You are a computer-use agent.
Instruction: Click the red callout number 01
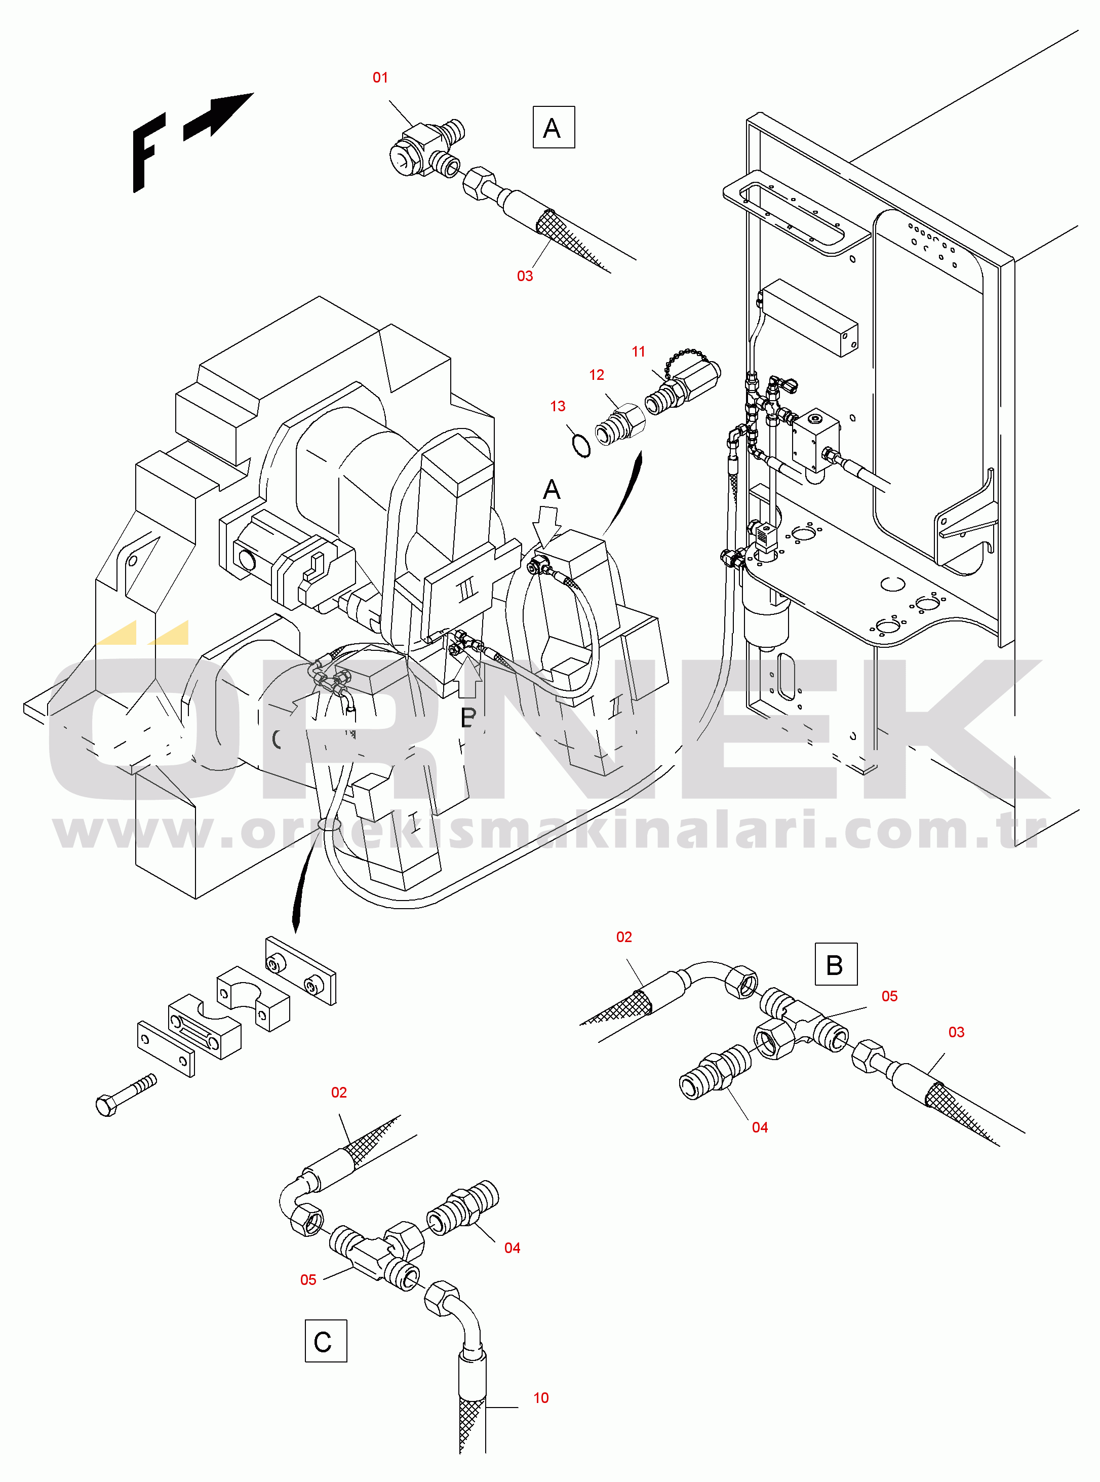(x=380, y=78)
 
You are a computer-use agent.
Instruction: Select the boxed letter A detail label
(x=554, y=127)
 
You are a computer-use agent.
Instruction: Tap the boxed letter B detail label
(x=836, y=964)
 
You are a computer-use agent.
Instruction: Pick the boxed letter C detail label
(x=326, y=1341)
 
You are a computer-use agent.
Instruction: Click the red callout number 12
(x=597, y=375)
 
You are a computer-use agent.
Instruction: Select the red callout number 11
(x=639, y=352)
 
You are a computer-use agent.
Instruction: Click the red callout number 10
(x=541, y=1398)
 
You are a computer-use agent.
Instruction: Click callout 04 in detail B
(x=760, y=1127)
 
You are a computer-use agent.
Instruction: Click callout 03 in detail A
(x=525, y=276)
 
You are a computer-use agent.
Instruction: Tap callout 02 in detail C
(x=339, y=1093)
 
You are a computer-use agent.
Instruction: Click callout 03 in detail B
(x=956, y=1032)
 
